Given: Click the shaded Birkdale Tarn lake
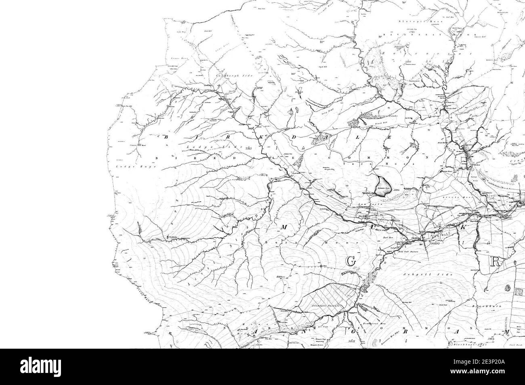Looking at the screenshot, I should [x=382, y=186].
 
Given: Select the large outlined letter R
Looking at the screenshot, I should [x=496, y=262].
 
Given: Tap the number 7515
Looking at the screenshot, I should [x=248, y=149].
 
